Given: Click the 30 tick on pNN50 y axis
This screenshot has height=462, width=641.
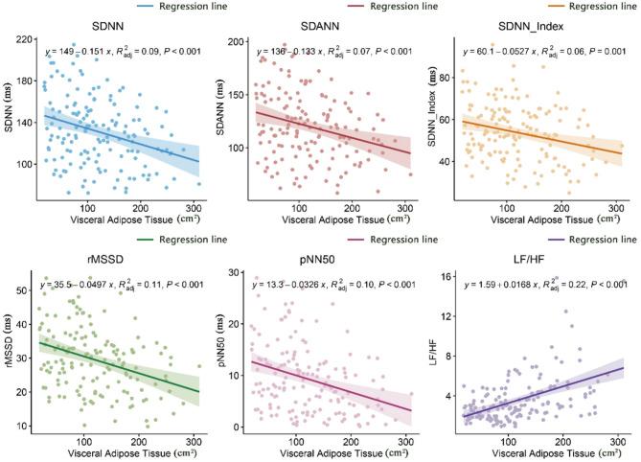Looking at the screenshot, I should (x=236, y=277).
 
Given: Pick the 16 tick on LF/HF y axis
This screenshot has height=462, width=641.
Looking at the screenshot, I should (x=447, y=278).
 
